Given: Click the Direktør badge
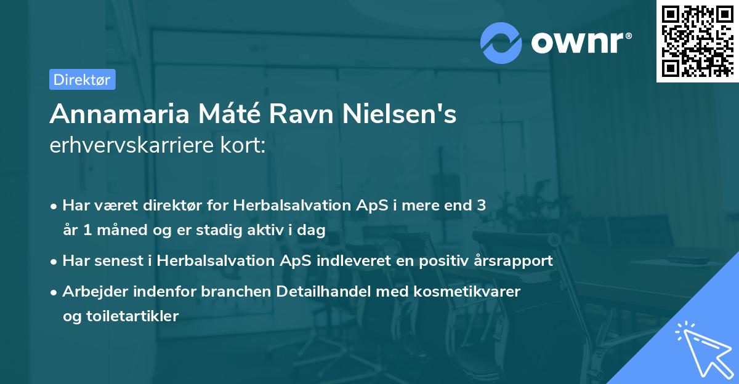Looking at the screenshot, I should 82,79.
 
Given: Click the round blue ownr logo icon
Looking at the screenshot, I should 502,42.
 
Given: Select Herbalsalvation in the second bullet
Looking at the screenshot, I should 208,260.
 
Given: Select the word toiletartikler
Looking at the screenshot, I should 120,316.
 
